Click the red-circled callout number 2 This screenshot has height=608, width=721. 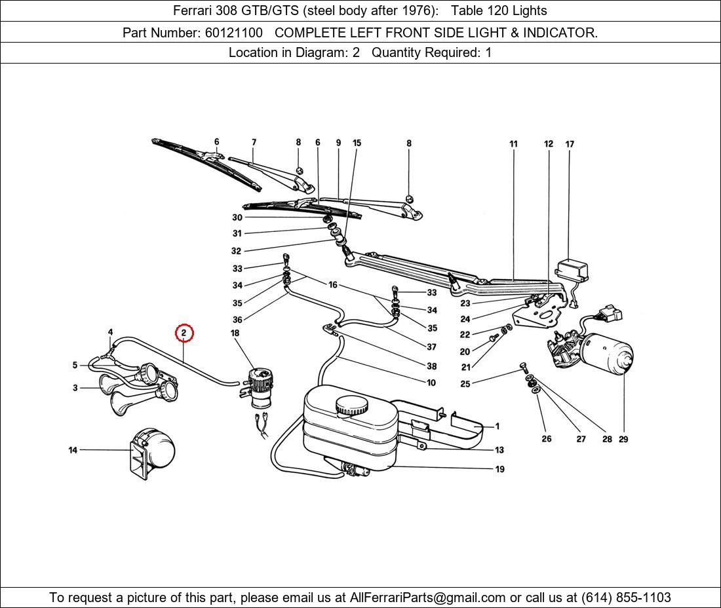click(x=184, y=333)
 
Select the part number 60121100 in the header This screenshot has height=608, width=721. click(x=234, y=32)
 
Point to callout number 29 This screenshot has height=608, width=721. click(x=623, y=439)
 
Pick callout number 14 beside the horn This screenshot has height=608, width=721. click(x=73, y=450)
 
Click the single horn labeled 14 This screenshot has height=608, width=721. click(x=154, y=451)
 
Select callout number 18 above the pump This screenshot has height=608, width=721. click(x=235, y=333)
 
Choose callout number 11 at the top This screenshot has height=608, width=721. click(x=513, y=144)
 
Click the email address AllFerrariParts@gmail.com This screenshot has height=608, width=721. click(x=427, y=598)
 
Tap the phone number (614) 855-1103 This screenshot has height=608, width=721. click(x=625, y=598)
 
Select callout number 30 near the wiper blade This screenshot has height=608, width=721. click(x=237, y=218)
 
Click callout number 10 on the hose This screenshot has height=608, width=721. click(x=431, y=383)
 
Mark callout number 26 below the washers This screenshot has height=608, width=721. click(x=546, y=439)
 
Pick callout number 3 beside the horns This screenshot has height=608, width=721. click(x=75, y=388)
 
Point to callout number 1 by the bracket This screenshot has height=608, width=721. click(x=497, y=427)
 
